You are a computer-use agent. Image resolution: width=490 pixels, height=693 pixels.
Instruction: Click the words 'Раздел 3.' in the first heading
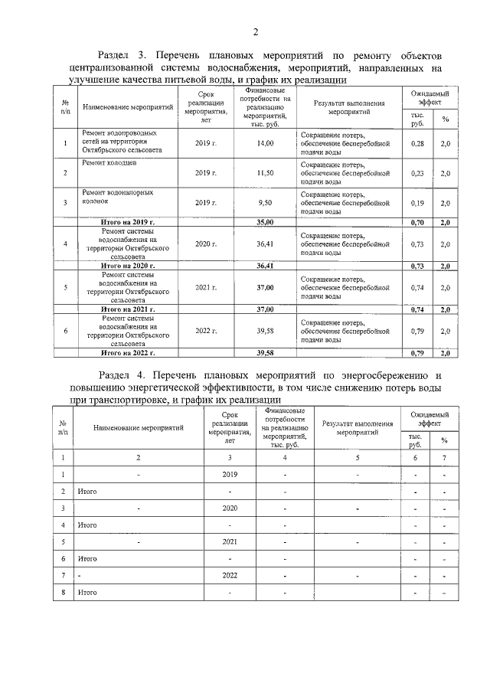(123, 56)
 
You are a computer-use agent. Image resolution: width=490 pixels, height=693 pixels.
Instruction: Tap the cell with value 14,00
(265, 143)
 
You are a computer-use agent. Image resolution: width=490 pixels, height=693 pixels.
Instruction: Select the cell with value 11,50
(265, 173)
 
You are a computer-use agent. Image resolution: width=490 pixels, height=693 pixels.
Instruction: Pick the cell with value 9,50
(265, 202)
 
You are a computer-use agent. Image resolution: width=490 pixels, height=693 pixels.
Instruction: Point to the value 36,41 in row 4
(265, 244)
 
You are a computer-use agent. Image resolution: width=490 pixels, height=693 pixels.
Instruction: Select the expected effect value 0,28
(417, 143)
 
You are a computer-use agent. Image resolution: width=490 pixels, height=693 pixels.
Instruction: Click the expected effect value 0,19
(417, 202)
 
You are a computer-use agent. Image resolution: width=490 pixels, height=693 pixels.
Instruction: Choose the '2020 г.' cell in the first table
(206, 244)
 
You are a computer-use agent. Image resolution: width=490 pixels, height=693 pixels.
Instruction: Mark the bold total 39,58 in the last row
(265, 353)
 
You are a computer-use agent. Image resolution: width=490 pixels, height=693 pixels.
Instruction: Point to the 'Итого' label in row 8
(87, 592)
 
